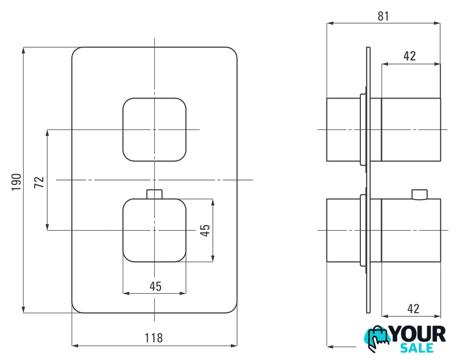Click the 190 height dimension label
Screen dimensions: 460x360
click(16, 182)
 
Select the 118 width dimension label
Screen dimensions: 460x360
click(154, 338)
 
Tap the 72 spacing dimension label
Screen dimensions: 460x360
click(39, 182)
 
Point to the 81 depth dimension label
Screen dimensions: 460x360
click(383, 16)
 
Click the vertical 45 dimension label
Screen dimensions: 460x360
click(205, 230)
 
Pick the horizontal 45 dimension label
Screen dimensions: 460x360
click(155, 286)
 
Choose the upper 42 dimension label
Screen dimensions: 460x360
click(409, 56)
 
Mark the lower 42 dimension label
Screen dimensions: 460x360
click(413, 309)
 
